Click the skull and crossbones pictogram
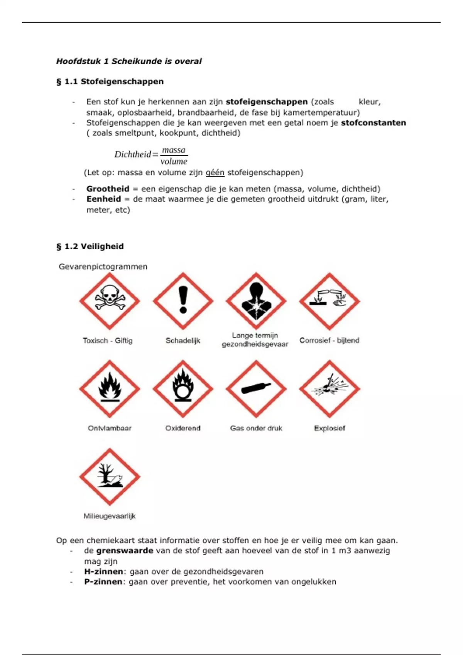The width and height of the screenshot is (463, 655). coord(110,301)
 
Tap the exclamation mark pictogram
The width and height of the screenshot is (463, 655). coord(183,301)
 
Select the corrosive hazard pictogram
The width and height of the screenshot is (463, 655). coord(330,301)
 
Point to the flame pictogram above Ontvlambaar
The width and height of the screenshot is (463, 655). coord(110,389)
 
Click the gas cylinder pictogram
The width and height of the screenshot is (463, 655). coord(256,389)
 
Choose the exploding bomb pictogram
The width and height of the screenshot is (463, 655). coord(330,389)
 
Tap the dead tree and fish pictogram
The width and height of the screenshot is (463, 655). coord(110,477)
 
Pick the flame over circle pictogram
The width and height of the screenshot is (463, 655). coord(183,389)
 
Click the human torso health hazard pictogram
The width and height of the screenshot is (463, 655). coord(256,301)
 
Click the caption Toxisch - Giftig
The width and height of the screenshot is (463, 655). coord(108,341)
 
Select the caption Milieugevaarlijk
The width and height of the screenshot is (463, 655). coord(110,516)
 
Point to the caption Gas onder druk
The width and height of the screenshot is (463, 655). coord(256,428)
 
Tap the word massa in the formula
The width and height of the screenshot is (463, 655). coord(174,150)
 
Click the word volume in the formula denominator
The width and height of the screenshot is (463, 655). coord(174,161)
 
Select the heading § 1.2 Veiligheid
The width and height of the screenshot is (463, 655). coord(90,246)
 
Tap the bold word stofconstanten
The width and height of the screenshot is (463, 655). coord(373,123)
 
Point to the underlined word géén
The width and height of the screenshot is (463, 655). coord(215,173)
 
